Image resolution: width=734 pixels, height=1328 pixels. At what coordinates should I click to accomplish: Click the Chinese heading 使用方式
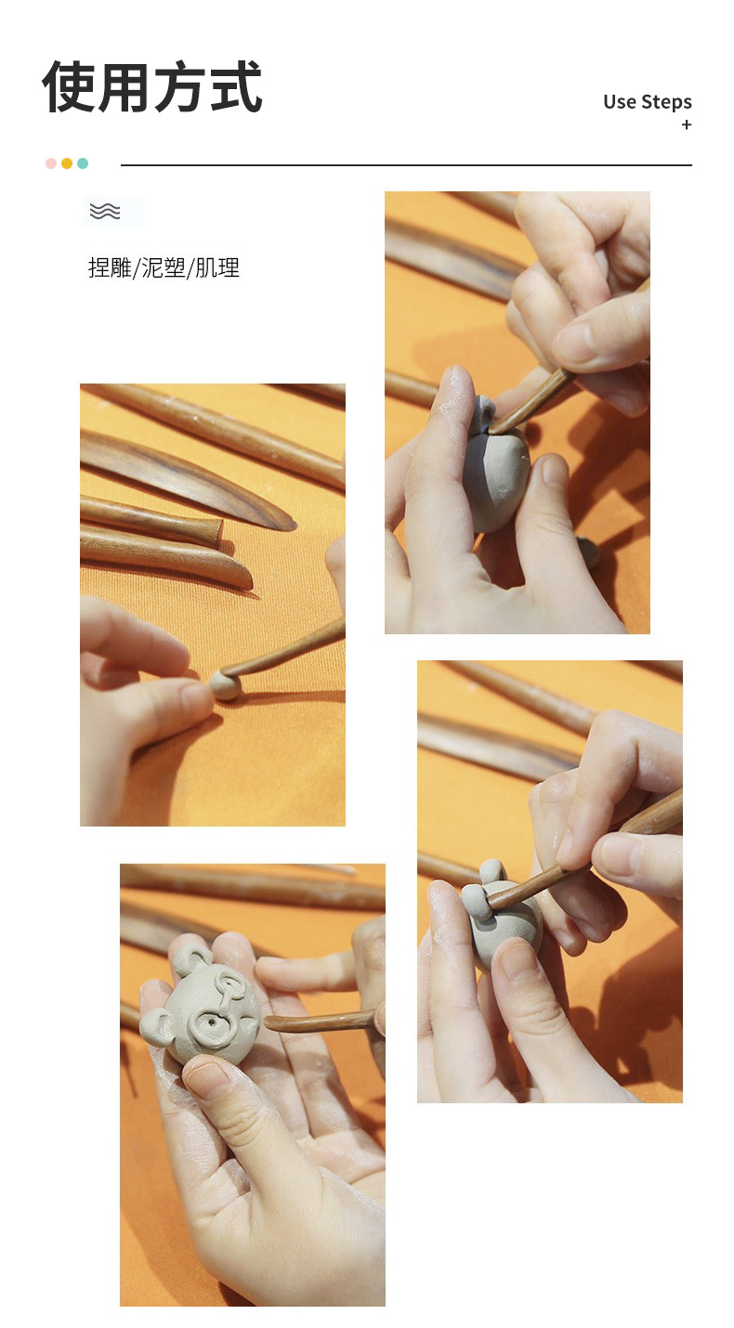click(x=151, y=86)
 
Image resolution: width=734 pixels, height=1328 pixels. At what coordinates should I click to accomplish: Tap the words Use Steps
click(x=648, y=102)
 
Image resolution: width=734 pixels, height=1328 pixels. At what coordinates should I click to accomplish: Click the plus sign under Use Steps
click(x=687, y=124)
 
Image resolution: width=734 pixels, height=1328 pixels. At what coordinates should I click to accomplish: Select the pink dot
click(x=51, y=163)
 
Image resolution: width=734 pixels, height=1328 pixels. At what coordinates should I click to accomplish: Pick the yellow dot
click(x=67, y=163)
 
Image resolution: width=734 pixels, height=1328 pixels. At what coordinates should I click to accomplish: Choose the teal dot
click(x=83, y=163)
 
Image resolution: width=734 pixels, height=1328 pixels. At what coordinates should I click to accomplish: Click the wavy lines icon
click(x=105, y=211)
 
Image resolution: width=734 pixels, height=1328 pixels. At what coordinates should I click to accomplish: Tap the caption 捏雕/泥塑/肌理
click(x=164, y=268)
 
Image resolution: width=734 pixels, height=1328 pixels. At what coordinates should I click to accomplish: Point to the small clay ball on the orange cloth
click(x=225, y=685)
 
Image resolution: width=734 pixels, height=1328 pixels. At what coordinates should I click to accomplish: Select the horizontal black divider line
click(x=406, y=164)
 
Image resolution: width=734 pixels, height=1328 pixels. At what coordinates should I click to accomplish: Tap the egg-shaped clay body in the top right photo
click(x=495, y=468)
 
